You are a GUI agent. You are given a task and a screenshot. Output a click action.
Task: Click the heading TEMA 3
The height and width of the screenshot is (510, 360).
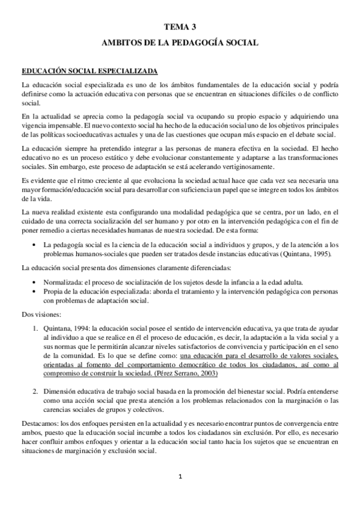180,26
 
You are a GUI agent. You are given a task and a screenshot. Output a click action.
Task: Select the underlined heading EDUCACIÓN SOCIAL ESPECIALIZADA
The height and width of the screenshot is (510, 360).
89,70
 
